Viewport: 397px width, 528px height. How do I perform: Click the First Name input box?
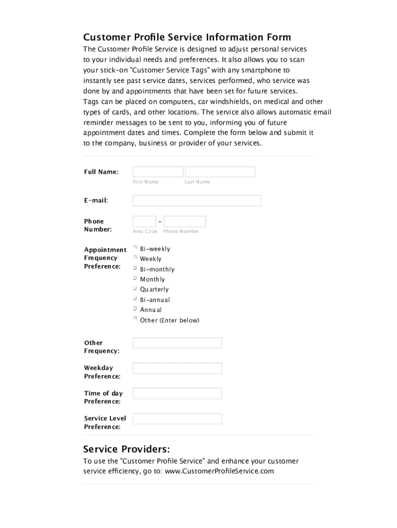pyautogui.click(x=158, y=172)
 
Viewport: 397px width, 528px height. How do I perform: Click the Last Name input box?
pyautogui.click(x=220, y=172)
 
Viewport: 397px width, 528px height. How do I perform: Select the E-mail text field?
pyautogui.click(x=196, y=201)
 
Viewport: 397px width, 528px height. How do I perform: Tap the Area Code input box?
pyautogui.click(x=144, y=222)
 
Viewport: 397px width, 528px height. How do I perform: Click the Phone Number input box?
pyautogui.click(x=185, y=222)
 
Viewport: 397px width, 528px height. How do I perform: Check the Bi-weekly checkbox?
pyautogui.click(x=135, y=248)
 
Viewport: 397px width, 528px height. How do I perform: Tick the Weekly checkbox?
pyautogui.click(x=135, y=258)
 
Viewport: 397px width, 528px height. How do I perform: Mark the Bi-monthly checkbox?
pyautogui.click(x=135, y=268)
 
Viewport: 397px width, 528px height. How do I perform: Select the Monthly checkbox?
pyautogui.click(x=135, y=278)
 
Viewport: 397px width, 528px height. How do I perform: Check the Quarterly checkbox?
pyautogui.click(x=135, y=289)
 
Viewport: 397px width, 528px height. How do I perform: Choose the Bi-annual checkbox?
pyautogui.click(x=135, y=299)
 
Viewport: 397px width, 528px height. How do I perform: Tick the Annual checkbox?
pyautogui.click(x=135, y=309)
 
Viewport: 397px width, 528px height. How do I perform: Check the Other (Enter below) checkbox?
pyautogui.click(x=135, y=319)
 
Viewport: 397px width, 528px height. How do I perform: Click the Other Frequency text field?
pyautogui.click(x=177, y=343)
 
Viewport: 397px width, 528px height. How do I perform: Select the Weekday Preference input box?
pyautogui.click(x=177, y=368)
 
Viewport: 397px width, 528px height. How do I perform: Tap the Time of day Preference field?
pyautogui.click(x=177, y=393)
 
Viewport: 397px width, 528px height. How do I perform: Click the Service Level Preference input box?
pyautogui.click(x=177, y=419)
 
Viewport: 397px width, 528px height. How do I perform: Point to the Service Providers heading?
pyautogui.click(x=126, y=449)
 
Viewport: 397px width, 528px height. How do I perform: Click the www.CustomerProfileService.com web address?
pyautogui.click(x=219, y=471)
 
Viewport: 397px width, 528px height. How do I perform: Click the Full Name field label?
pyautogui.click(x=102, y=172)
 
